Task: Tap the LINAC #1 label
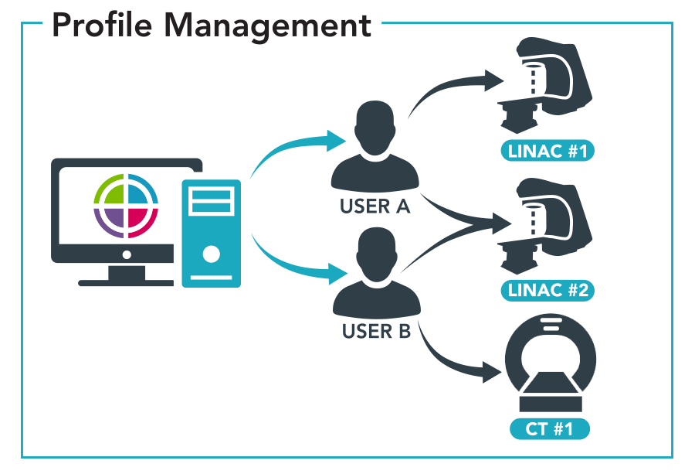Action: pyautogui.click(x=549, y=150)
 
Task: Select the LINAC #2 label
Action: pyautogui.click(x=549, y=291)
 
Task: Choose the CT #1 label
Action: pyautogui.click(x=549, y=428)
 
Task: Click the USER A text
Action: pyautogui.click(x=375, y=207)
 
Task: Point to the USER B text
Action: pyautogui.click(x=376, y=332)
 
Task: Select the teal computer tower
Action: pyautogui.click(x=211, y=233)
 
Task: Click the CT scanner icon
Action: pyautogui.click(x=549, y=367)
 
